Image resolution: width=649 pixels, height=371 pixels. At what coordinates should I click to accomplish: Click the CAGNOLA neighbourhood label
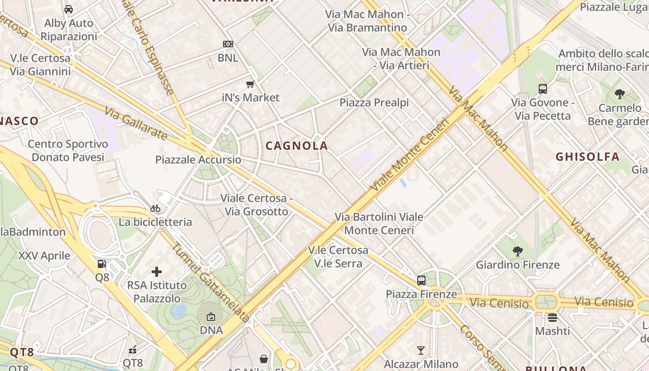pos(297,146)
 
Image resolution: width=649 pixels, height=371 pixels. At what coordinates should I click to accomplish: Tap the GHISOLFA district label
pos(587,157)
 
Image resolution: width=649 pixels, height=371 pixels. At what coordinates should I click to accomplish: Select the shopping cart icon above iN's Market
pos(250,84)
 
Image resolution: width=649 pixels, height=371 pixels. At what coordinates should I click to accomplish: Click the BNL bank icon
pos(228,44)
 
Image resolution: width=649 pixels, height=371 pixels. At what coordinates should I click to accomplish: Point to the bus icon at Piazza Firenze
pos(421,280)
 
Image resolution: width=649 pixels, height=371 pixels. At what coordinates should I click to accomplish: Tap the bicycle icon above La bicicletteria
pos(155,208)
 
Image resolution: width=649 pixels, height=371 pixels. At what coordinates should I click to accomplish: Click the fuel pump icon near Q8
pos(102,264)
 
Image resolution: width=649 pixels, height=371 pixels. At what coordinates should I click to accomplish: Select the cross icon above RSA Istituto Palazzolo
pos(157,271)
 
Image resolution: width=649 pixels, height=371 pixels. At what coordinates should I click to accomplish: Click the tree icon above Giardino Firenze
pos(518,251)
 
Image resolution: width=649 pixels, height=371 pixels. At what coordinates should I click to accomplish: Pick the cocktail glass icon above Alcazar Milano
pos(421,350)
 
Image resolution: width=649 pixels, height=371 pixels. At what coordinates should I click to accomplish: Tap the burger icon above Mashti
pos(552,318)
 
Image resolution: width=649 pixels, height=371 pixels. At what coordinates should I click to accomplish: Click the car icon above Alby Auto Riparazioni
pos(69,9)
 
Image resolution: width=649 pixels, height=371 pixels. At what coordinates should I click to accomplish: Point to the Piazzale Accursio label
pos(198,160)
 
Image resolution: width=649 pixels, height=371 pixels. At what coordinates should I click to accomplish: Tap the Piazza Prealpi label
pos(374,102)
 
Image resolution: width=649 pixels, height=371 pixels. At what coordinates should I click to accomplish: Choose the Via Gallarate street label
pos(135,123)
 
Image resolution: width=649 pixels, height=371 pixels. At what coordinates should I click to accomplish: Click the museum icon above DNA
pos(211,317)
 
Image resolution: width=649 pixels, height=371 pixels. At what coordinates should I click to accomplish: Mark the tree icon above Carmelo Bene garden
pos(619,94)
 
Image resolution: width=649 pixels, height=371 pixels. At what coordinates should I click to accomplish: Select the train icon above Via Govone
pos(542,89)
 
